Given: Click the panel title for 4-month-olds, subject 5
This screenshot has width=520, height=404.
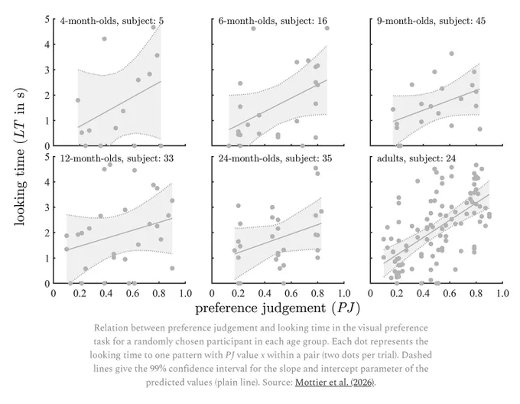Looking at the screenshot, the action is click(x=112, y=21).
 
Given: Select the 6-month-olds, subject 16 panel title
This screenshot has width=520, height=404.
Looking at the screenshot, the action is click(x=272, y=21).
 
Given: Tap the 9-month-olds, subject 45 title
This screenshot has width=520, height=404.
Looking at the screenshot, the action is click(x=431, y=21).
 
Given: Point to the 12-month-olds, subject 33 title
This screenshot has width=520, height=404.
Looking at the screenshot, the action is click(x=117, y=158).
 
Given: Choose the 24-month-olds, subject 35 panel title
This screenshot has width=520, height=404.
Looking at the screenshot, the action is click(x=275, y=158).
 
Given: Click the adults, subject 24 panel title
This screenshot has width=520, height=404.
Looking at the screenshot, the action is click(x=416, y=158).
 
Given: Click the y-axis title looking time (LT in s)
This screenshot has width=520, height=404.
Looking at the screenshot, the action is click(x=20, y=156).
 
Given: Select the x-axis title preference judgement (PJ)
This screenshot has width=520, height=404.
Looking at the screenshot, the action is click(x=278, y=308).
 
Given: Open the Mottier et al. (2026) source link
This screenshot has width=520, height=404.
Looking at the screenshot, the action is click(x=335, y=383).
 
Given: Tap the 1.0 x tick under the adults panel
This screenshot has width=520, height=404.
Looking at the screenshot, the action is click(x=502, y=293).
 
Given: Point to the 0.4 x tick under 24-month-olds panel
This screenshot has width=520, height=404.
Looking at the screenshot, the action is click(x=265, y=293).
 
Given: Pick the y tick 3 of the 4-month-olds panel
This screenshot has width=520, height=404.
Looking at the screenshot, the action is click(x=47, y=70).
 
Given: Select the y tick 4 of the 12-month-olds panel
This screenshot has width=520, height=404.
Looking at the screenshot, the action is click(x=47, y=182).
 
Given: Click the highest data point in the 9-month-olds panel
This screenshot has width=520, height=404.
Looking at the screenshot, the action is click(x=451, y=54).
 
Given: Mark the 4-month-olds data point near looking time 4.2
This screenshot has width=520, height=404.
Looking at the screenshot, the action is click(x=104, y=39).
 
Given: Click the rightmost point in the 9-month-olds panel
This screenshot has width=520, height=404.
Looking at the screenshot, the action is click(x=479, y=129).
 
